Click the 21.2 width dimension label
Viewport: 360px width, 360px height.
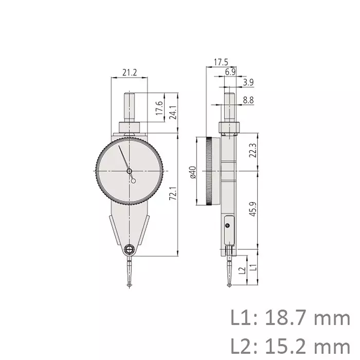click(x=129, y=73)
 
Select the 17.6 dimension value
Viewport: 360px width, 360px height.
click(x=159, y=109)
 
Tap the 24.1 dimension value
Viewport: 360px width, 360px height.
click(x=173, y=113)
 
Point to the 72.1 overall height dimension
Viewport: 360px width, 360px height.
click(x=173, y=194)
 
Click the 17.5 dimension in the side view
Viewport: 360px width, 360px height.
click(x=220, y=62)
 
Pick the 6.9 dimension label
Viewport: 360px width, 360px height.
click(x=230, y=72)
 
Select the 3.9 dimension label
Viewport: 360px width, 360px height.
click(x=248, y=82)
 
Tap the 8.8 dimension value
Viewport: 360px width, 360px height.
click(x=248, y=101)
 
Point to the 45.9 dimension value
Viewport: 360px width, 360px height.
click(x=252, y=209)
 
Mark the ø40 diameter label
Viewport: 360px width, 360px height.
click(x=192, y=171)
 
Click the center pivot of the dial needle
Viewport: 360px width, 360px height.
click(x=129, y=171)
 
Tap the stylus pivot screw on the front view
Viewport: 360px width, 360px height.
click(x=129, y=249)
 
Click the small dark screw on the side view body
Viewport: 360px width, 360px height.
click(x=227, y=225)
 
